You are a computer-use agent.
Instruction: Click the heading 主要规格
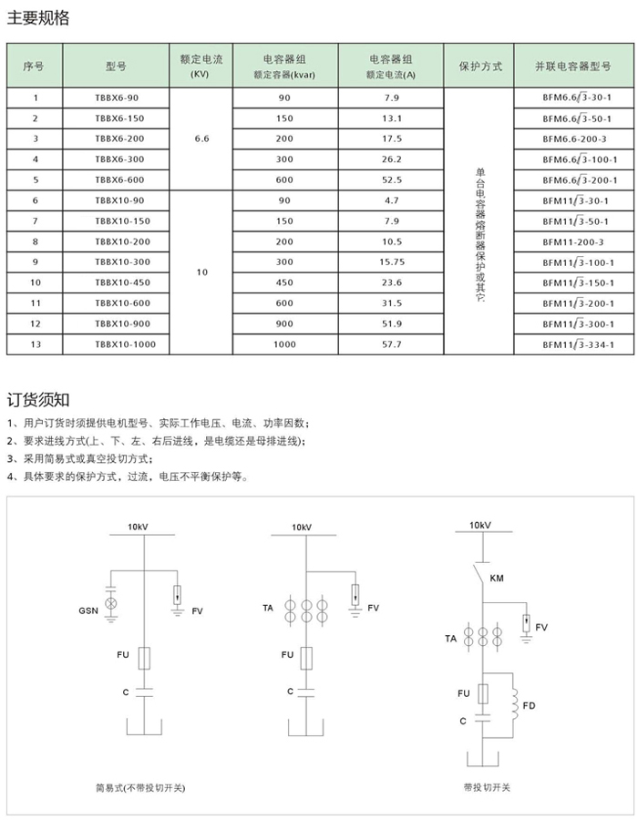click(x=38, y=18)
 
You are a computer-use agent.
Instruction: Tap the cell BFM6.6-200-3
click(x=574, y=138)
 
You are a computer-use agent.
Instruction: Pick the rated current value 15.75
click(x=392, y=262)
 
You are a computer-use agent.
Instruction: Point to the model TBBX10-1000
click(x=125, y=345)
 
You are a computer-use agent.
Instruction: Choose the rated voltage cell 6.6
click(x=202, y=138)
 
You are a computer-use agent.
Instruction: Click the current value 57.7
click(x=392, y=345)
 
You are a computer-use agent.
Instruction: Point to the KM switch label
click(x=497, y=579)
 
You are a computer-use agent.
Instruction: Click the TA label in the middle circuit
click(x=268, y=607)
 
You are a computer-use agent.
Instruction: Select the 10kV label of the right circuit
click(x=479, y=526)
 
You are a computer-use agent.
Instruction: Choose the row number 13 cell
click(x=35, y=345)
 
